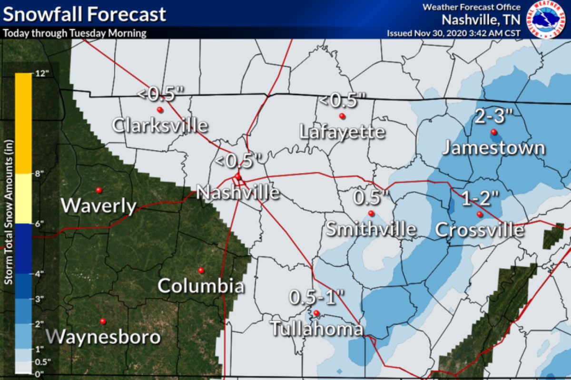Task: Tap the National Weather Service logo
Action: coord(546,19)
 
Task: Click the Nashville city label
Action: coord(238,193)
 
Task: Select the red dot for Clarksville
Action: coord(160,110)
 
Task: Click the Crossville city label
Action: coord(480,230)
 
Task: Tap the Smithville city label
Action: coord(371,230)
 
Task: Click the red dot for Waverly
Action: coord(99,190)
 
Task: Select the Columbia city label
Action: coord(201,286)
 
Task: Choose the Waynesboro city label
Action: coord(104,337)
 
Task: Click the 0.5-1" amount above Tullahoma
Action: coord(316,298)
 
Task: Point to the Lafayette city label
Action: coord(342,132)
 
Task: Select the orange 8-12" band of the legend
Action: coord(23,123)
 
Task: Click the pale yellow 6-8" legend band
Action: coord(23,198)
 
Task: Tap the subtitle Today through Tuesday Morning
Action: coord(75,34)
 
